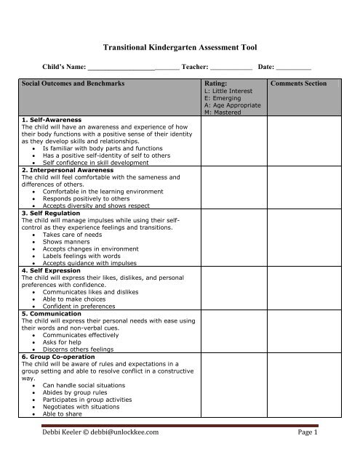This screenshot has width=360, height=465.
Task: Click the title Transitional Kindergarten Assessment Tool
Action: tap(180, 45)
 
